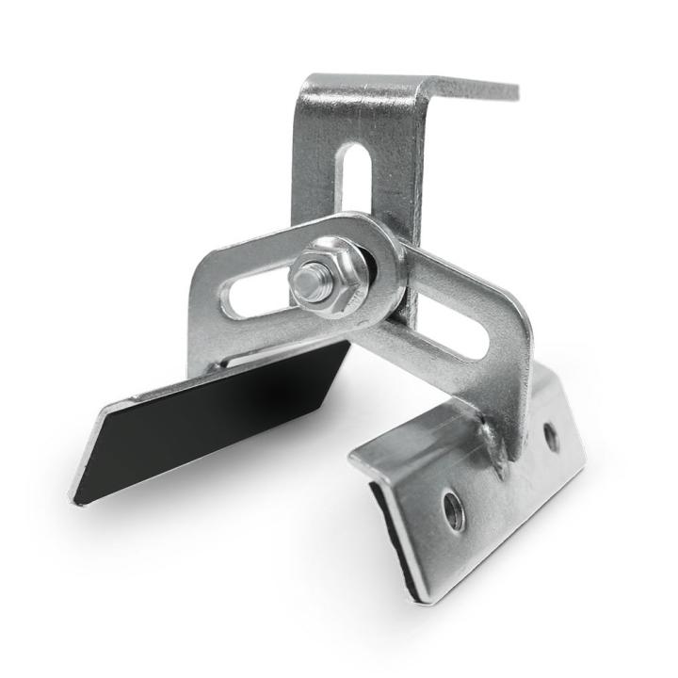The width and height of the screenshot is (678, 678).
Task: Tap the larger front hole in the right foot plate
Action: (454, 510)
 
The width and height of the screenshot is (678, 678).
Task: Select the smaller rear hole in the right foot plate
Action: (551, 435)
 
